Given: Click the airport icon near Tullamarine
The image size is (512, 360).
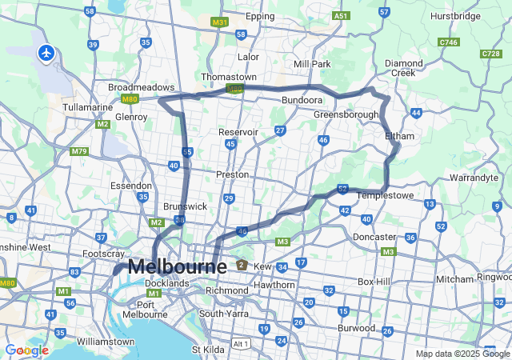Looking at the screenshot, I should point(46,53).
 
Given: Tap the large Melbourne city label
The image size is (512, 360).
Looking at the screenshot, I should point(177,266).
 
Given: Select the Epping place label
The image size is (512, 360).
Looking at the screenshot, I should point(260,16).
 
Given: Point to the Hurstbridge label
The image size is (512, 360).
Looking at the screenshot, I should point(455,16).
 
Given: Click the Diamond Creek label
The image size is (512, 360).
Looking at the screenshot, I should point(405,67).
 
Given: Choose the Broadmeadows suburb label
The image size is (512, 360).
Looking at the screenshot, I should point(142,87).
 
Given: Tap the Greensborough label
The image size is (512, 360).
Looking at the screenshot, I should point(346,114).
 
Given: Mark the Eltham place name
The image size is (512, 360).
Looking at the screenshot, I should point(400,136).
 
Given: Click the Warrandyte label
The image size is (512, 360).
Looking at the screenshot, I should point(474,177).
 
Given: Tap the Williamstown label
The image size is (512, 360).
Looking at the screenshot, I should point(106,341).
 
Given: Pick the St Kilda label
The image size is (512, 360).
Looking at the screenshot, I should point(207,350).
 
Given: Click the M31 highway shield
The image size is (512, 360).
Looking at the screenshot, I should point(220,22).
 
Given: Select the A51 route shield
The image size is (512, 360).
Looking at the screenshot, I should point(342,15).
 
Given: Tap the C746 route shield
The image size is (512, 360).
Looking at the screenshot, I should point(448,42).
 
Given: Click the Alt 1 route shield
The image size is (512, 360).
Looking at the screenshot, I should point(241,343).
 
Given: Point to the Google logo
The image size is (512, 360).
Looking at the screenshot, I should point(26,350).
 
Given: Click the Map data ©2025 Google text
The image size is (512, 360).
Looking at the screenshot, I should point(462,354).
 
